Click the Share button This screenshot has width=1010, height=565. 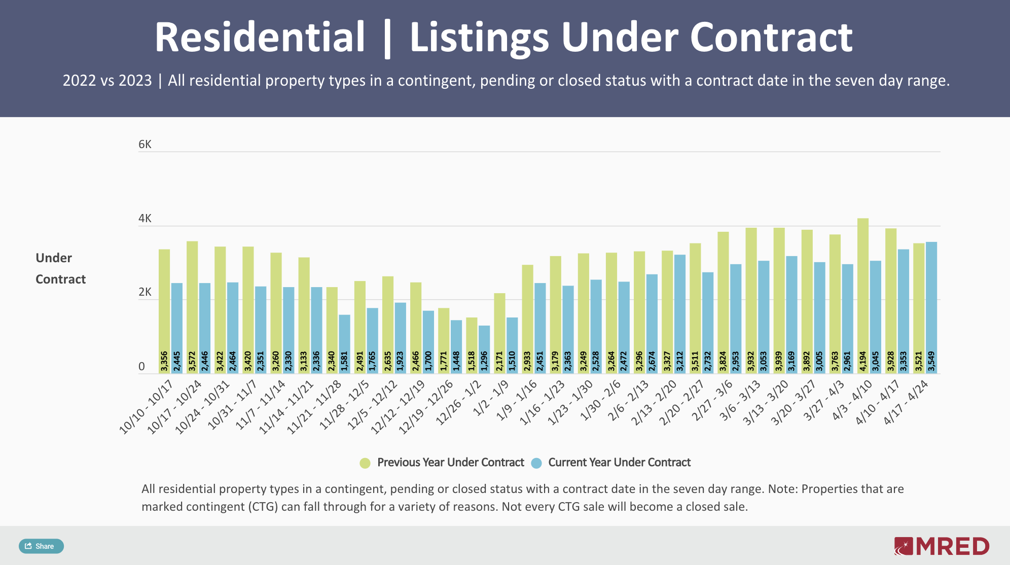pos(41,546)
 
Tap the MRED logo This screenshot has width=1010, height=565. pos(942,546)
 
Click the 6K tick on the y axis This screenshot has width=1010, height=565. pos(145,145)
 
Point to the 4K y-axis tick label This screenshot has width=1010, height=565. pos(145,219)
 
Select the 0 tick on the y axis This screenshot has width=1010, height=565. pos(141,366)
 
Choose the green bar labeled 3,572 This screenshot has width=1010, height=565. pos(192,304)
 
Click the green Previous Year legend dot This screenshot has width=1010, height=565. pos(365,463)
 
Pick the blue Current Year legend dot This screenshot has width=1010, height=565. pos(536,463)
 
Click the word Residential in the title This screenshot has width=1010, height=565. pos(260,37)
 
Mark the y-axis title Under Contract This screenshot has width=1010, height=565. pos(60,268)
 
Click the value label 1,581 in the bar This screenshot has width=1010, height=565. pos(345,361)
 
